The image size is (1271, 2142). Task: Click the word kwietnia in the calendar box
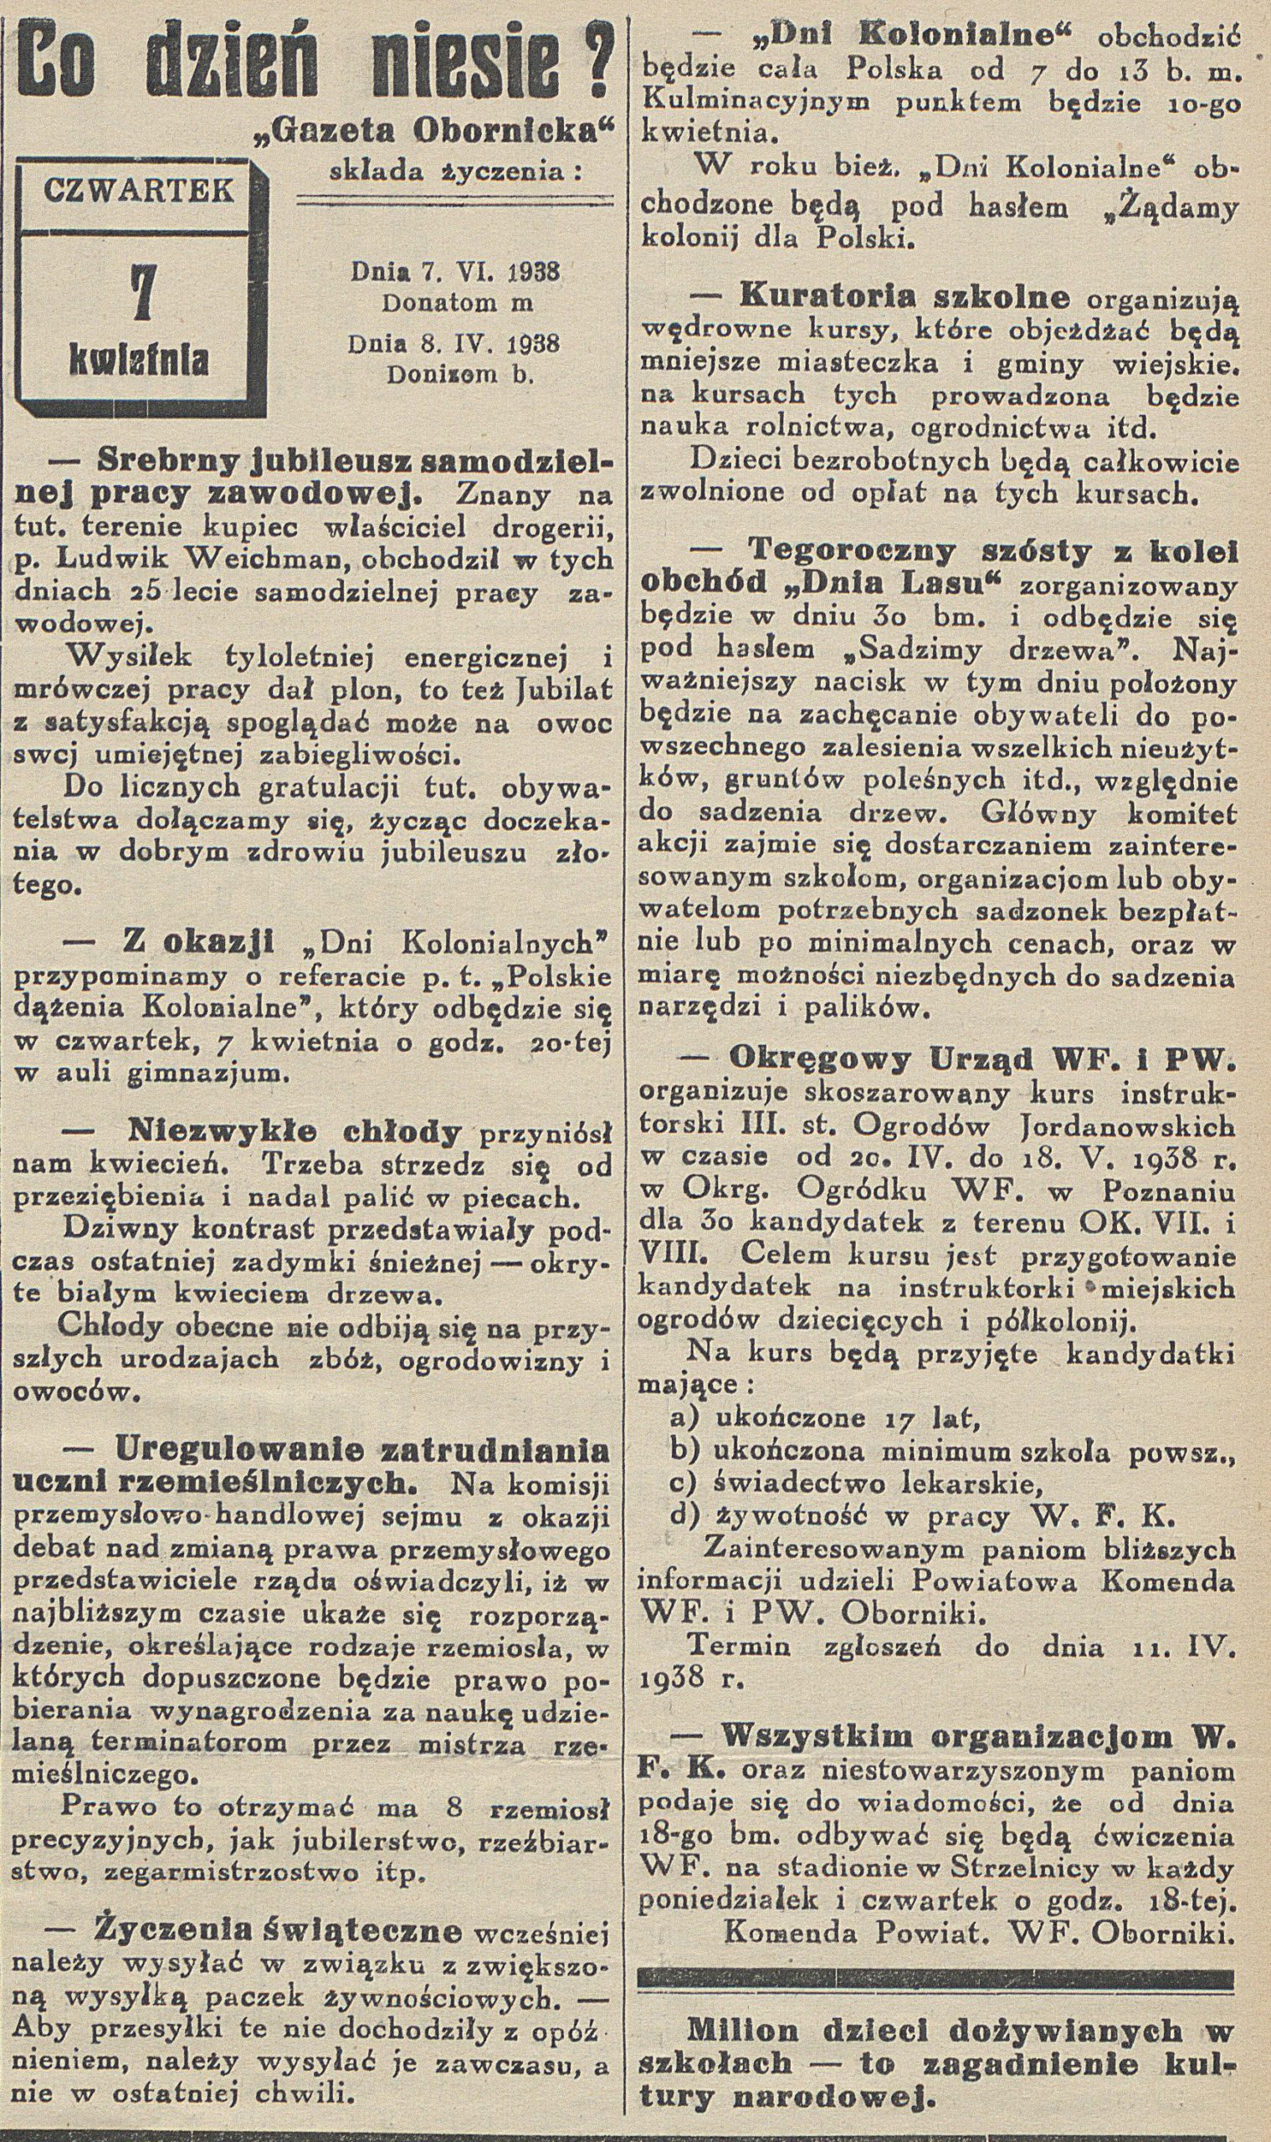139,361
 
